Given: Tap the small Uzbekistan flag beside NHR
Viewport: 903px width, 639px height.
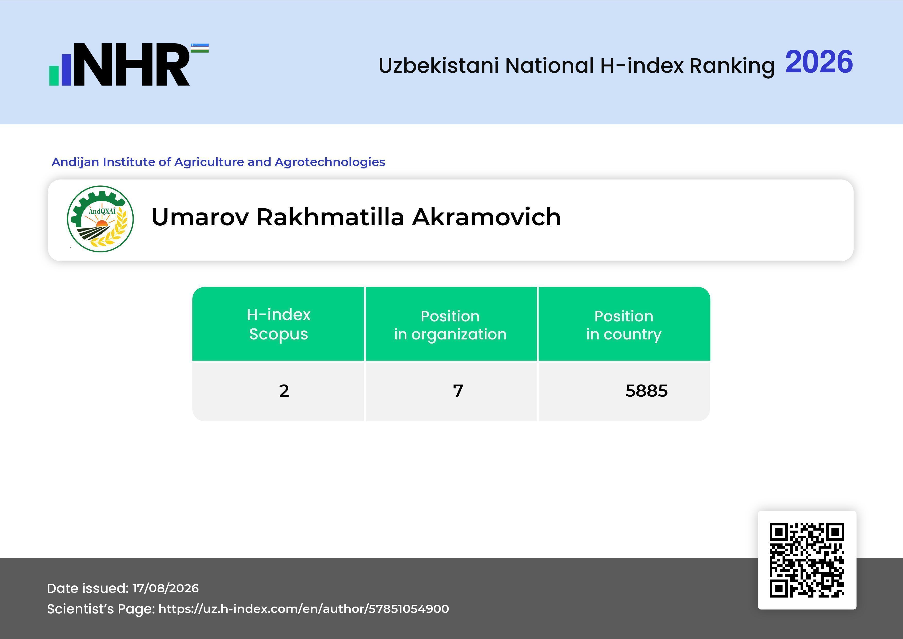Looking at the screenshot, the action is click(x=200, y=48).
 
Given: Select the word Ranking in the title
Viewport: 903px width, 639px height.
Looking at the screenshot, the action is click(x=732, y=66).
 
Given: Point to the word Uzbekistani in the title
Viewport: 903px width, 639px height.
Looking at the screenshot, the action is click(x=439, y=65).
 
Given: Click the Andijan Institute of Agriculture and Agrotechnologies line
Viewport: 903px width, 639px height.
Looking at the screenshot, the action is click(x=218, y=162).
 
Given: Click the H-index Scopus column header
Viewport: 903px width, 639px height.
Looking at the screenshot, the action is click(x=279, y=324).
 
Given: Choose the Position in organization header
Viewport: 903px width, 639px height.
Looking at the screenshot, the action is click(x=450, y=325).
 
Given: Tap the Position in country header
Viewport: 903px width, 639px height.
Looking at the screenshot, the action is click(x=624, y=325).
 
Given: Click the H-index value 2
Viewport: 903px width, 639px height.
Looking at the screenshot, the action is click(x=284, y=391).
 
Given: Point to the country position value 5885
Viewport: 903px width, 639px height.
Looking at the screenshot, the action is click(x=647, y=391).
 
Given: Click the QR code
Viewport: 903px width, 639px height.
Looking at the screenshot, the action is click(x=807, y=560).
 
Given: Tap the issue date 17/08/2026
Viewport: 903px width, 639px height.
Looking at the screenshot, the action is click(x=166, y=588).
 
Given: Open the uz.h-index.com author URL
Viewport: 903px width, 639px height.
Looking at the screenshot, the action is click(x=304, y=609).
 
